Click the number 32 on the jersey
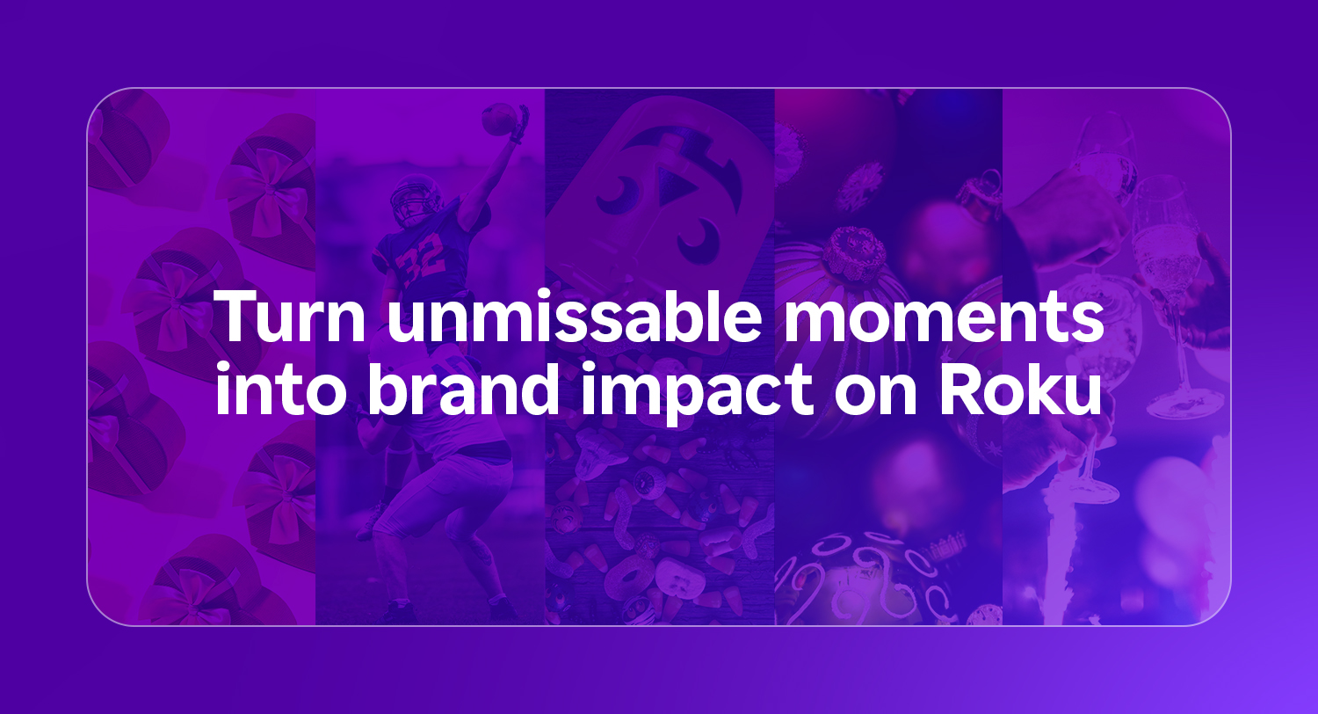click(x=417, y=262)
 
